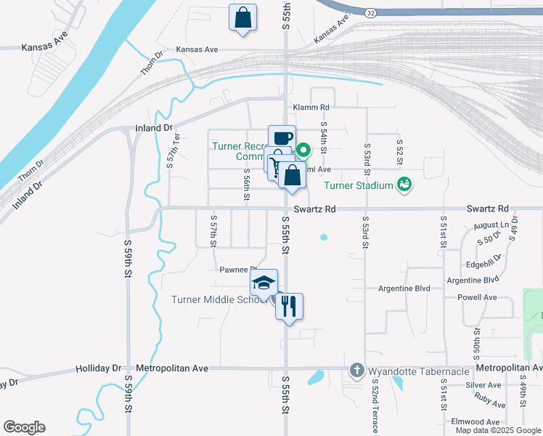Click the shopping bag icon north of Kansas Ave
[242, 17]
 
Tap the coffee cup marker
[282, 137]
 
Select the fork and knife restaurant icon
[289, 306]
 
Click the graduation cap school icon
[264, 282]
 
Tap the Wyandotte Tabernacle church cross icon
[356, 370]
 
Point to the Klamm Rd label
[311, 107]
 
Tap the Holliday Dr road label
[98, 368]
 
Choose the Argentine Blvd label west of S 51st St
[404, 288]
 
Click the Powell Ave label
[477, 297]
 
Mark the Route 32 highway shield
[370, 13]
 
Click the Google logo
[24, 427]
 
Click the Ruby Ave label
[489, 400]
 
